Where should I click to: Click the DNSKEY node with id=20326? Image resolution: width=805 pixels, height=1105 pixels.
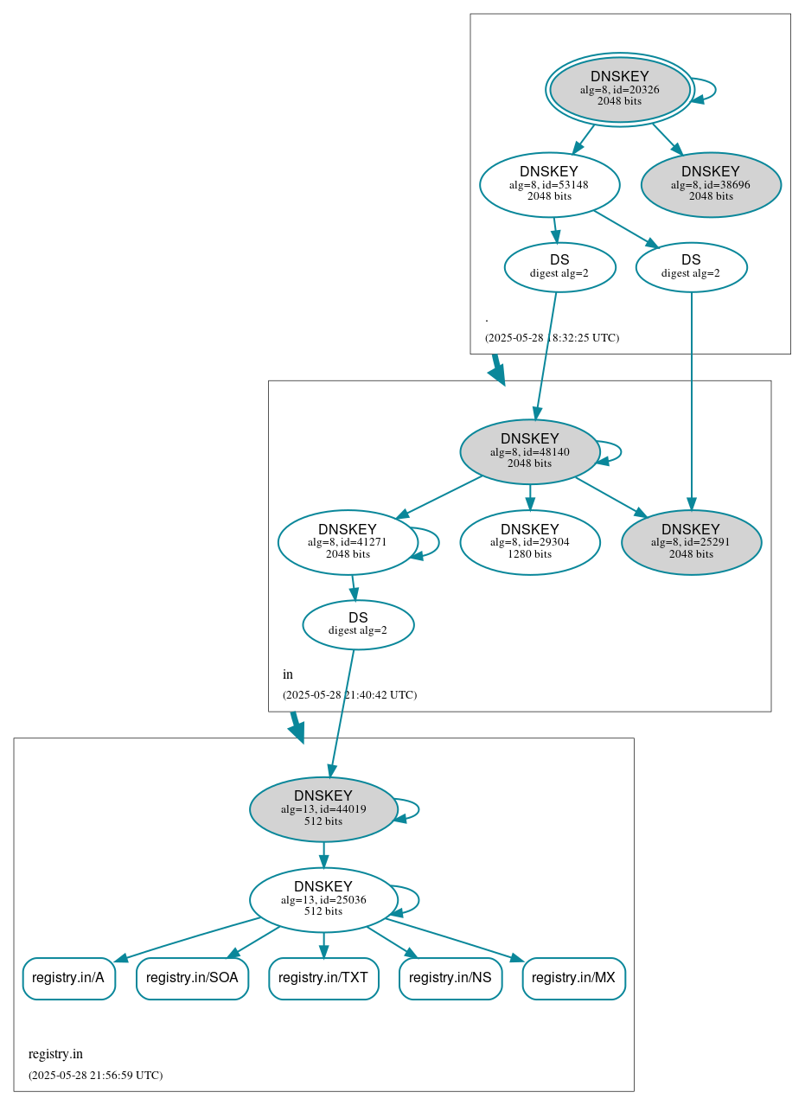(x=619, y=90)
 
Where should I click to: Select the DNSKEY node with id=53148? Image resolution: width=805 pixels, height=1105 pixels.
(x=549, y=184)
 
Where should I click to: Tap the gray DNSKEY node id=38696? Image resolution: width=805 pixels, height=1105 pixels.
(x=711, y=184)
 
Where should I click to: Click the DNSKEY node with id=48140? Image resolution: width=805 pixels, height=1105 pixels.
(x=529, y=451)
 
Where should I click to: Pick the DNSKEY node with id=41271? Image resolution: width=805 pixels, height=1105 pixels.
(x=348, y=542)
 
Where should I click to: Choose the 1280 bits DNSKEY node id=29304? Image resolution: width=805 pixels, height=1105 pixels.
(x=529, y=542)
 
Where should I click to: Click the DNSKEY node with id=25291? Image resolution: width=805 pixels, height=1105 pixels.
(x=691, y=542)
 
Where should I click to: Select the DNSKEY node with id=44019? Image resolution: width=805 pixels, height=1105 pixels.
(x=323, y=809)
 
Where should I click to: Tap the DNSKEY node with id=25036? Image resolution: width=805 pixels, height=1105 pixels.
(x=323, y=900)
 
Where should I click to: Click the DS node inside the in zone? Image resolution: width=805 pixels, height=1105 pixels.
(x=358, y=624)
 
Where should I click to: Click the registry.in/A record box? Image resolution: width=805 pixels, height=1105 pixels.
(x=68, y=978)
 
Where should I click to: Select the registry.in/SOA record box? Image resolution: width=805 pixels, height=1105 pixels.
(x=192, y=978)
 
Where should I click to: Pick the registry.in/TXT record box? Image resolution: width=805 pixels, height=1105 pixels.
(x=323, y=978)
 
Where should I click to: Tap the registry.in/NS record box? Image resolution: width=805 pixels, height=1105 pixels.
(x=450, y=978)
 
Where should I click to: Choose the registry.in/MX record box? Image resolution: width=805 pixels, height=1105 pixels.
(x=573, y=978)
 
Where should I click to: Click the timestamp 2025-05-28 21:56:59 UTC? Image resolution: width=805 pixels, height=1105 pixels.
(x=95, y=1076)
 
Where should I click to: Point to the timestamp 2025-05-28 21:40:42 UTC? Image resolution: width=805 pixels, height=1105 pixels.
(x=349, y=695)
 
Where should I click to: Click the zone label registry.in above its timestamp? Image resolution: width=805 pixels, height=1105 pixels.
(x=55, y=1054)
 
